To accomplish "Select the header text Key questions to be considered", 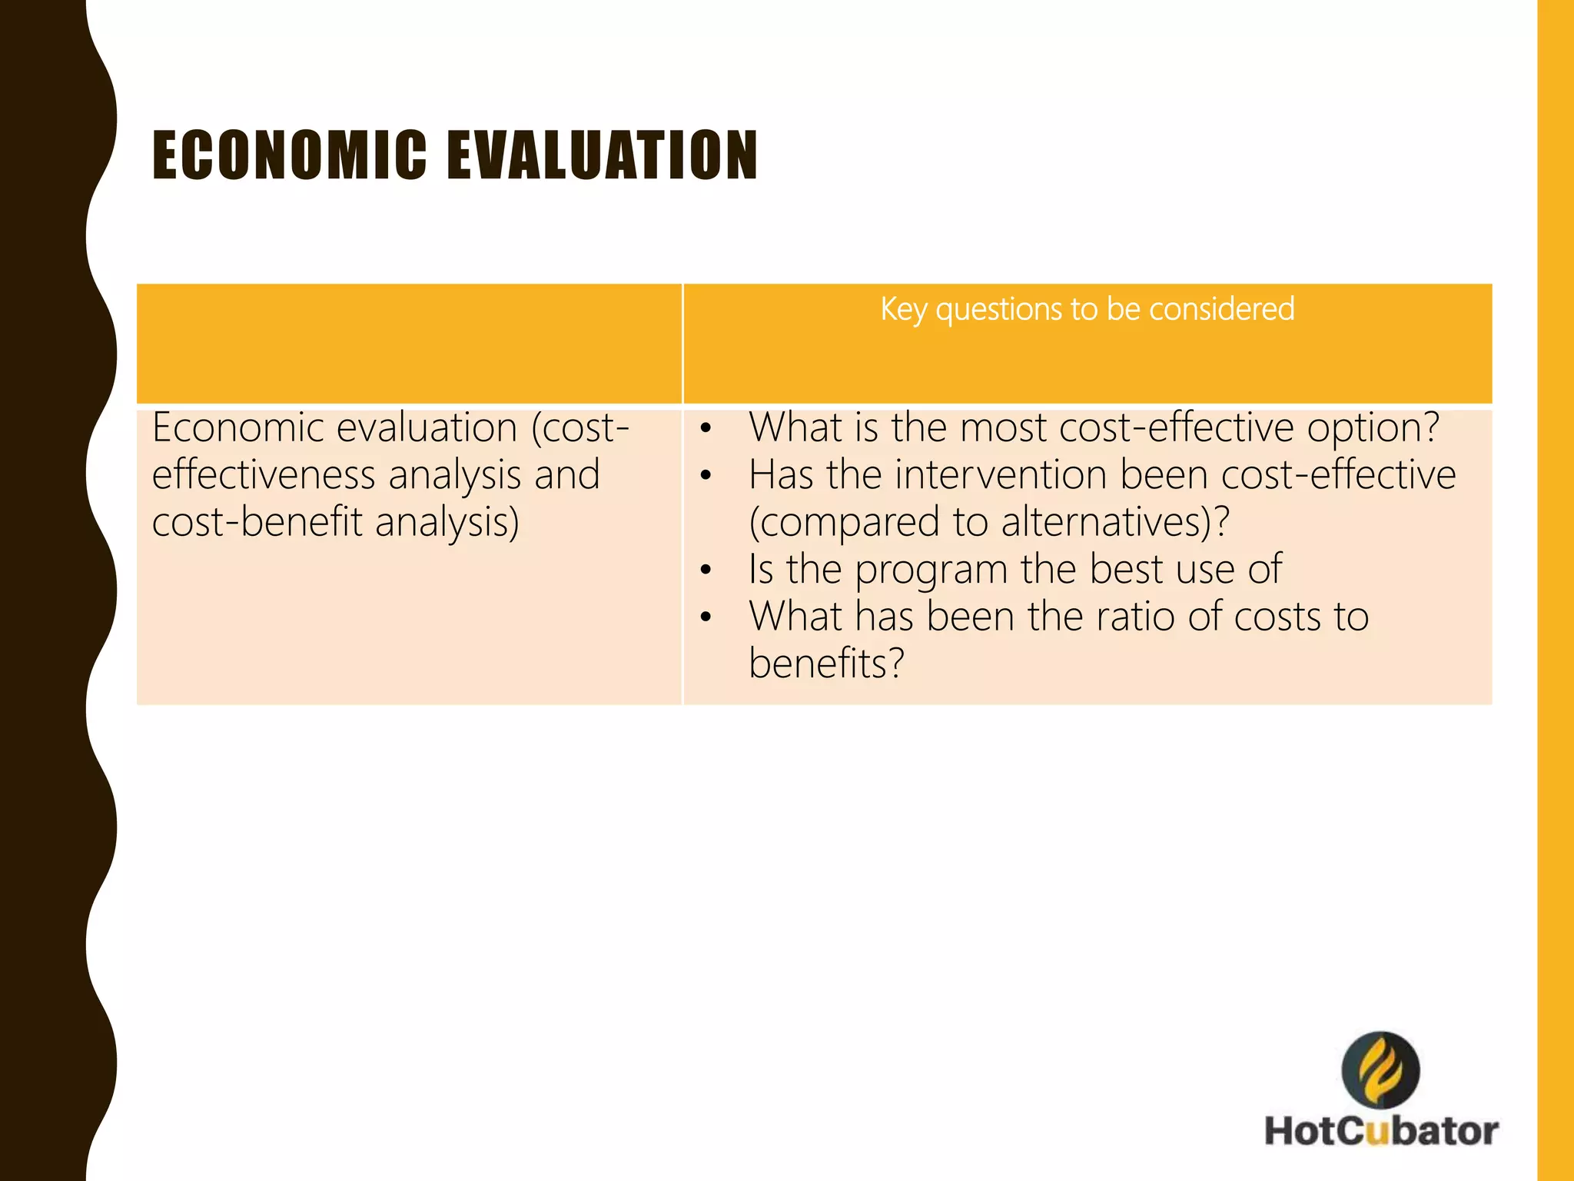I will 1087,309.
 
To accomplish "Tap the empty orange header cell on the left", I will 409,343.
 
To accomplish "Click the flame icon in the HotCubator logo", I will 1380,1070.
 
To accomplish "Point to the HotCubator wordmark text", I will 1381,1131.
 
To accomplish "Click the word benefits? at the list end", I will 826,664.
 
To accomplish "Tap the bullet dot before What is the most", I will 706,429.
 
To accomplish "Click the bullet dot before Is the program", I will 706,571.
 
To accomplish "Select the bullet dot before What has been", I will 706,617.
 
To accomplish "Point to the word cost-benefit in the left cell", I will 257,522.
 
